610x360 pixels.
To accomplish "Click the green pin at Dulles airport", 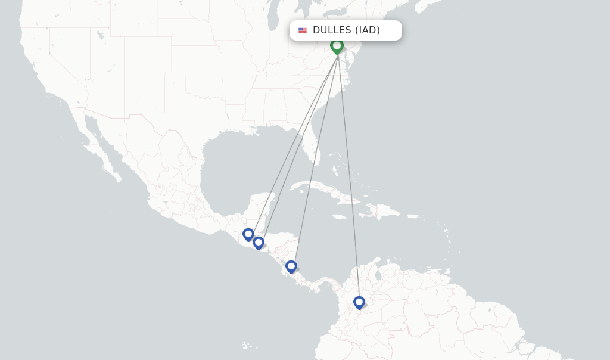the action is click(337, 45).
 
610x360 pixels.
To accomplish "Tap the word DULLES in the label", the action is click(332, 30).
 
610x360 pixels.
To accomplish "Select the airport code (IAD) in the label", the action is click(368, 30).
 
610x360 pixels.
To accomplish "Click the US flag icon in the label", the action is click(303, 30).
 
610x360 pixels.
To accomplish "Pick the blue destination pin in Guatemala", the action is click(248, 234).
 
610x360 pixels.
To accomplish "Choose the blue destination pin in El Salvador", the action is click(258, 243).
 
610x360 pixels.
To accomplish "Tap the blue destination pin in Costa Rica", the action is click(291, 266).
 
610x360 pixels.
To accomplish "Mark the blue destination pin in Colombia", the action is click(359, 302).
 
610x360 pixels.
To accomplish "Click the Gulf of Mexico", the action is click(238, 161).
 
